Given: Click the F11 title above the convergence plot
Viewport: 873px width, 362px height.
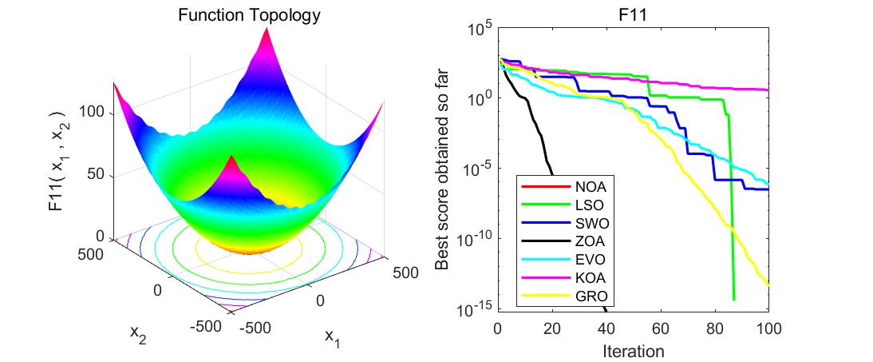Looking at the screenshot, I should tap(632, 14).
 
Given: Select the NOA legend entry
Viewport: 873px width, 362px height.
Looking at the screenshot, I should tap(590, 187).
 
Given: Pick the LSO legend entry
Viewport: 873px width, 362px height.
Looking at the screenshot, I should tap(590, 205).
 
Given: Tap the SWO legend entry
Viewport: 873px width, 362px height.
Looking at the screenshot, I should tap(590, 224).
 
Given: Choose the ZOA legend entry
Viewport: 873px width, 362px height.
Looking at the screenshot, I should tap(590, 242).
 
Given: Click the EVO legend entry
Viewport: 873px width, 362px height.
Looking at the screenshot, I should tap(590, 261).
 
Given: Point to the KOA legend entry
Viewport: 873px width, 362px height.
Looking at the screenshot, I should tap(590, 279).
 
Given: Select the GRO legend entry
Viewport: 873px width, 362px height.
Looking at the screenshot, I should tap(590, 297).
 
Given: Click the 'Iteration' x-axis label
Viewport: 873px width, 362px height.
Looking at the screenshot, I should tap(632, 350).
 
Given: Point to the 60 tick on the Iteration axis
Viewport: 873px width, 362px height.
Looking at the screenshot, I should tap(660, 328).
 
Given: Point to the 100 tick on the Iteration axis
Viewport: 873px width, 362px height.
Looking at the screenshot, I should tap(767, 328).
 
